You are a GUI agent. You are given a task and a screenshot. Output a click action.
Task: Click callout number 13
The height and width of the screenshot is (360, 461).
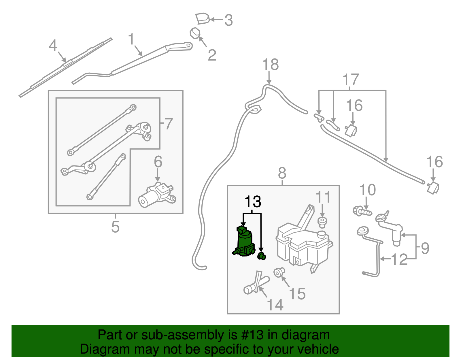tap(253, 202)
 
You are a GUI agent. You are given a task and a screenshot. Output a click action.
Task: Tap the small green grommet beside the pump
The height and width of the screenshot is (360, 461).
tap(262, 256)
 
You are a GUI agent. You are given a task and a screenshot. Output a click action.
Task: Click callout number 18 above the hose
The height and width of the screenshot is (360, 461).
tap(270, 65)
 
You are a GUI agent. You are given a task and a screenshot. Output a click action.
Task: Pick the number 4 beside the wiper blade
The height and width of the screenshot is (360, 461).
tap(53, 46)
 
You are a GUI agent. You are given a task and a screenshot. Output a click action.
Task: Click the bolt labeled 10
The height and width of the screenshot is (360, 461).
tap(362, 212)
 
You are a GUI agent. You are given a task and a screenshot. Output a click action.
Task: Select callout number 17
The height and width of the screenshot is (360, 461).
tap(351, 80)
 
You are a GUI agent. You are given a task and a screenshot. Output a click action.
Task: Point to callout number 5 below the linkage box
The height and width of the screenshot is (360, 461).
tap(115, 227)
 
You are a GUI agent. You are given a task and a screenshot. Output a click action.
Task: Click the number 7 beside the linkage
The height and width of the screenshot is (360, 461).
tap(168, 124)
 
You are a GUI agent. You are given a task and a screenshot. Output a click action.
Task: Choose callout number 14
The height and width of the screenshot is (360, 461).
tap(275, 305)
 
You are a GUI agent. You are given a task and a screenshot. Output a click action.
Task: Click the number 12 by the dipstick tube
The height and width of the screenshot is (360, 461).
tap(399, 259)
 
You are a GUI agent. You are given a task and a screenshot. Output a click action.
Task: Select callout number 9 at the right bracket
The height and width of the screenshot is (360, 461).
tap(425, 248)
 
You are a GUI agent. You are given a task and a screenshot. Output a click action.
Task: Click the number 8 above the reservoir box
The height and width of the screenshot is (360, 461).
tap(282, 173)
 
